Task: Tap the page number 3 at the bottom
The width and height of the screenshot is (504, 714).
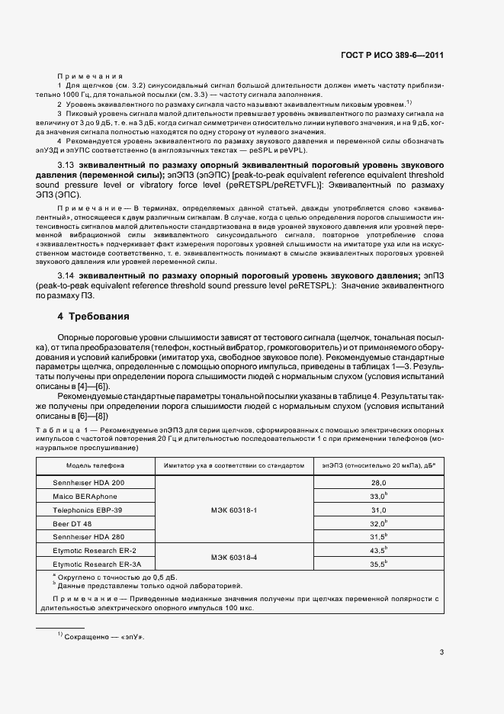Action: pos(441,651)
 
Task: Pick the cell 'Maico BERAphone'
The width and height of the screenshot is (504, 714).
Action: pos(85,496)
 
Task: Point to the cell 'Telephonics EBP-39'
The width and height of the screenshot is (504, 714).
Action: pos(87,510)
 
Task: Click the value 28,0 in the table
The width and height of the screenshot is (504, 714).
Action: pos(379,483)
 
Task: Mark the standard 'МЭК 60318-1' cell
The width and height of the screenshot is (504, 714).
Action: pos(233,510)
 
